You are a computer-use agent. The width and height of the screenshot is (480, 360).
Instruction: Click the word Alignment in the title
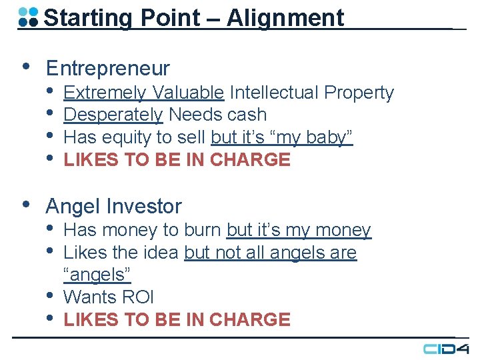click(285, 18)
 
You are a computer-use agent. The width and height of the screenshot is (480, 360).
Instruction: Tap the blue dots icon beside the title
click(28, 17)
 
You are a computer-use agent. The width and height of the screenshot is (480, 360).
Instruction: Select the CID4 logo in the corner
click(446, 348)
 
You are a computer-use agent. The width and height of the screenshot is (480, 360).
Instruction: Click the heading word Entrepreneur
click(107, 68)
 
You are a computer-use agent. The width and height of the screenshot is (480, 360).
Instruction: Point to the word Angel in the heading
click(73, 207)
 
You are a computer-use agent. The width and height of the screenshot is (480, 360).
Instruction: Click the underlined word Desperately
click(113, 115)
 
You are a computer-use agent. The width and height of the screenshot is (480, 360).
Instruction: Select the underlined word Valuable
click(187, 92)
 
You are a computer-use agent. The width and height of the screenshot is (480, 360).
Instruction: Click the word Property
click(360, 92)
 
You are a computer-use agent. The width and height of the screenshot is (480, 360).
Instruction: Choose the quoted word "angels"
click(97, 275)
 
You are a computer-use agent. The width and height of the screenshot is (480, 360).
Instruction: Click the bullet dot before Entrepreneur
click(25, 67)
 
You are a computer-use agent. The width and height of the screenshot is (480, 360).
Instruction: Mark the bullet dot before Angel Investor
click(25, 205)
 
